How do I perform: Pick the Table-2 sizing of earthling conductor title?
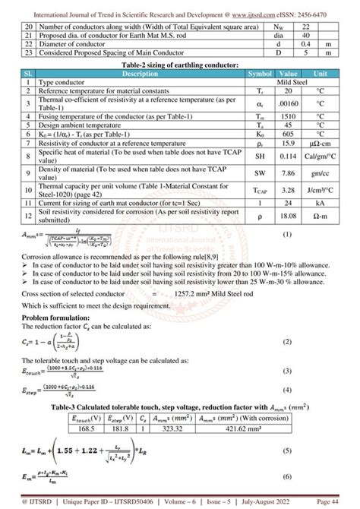point(179,67)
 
